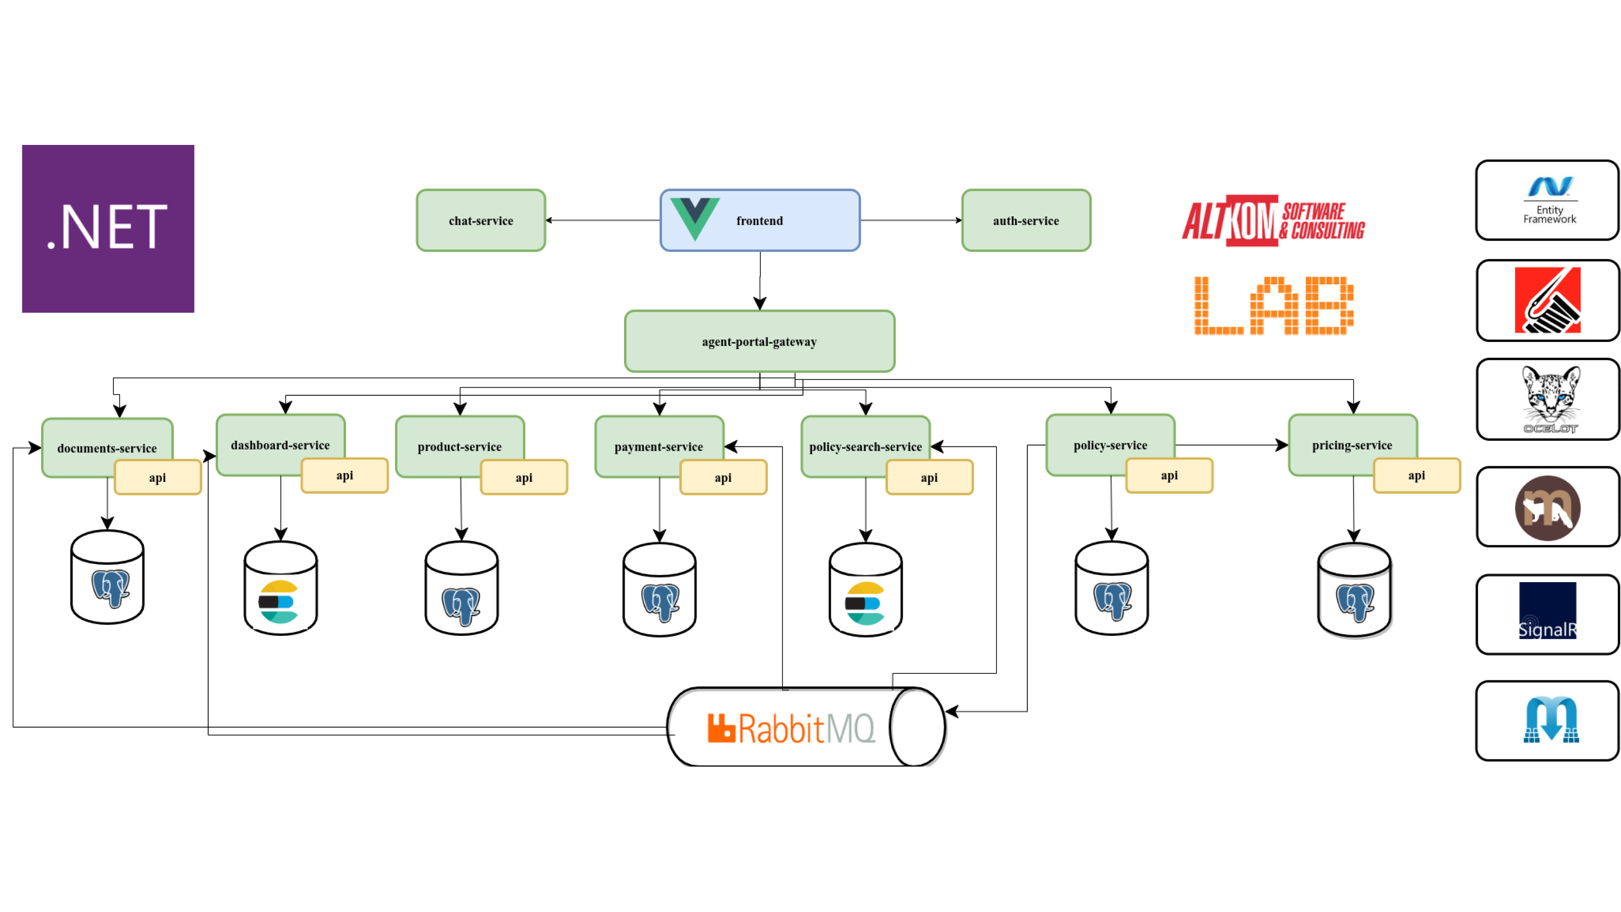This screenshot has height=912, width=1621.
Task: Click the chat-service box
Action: tap(481, 220)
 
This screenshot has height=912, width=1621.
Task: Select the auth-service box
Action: tap(1026, 220)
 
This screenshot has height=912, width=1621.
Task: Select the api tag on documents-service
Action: tap(158, 477)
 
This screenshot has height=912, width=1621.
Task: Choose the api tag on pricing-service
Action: tap(1416, 475)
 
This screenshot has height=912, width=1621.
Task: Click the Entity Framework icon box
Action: tap(1548, 200)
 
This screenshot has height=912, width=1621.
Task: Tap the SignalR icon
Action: tap(1548, 611)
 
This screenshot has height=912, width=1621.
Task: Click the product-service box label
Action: tap(459, 446)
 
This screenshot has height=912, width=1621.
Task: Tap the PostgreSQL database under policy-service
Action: tap(1111, 589)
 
